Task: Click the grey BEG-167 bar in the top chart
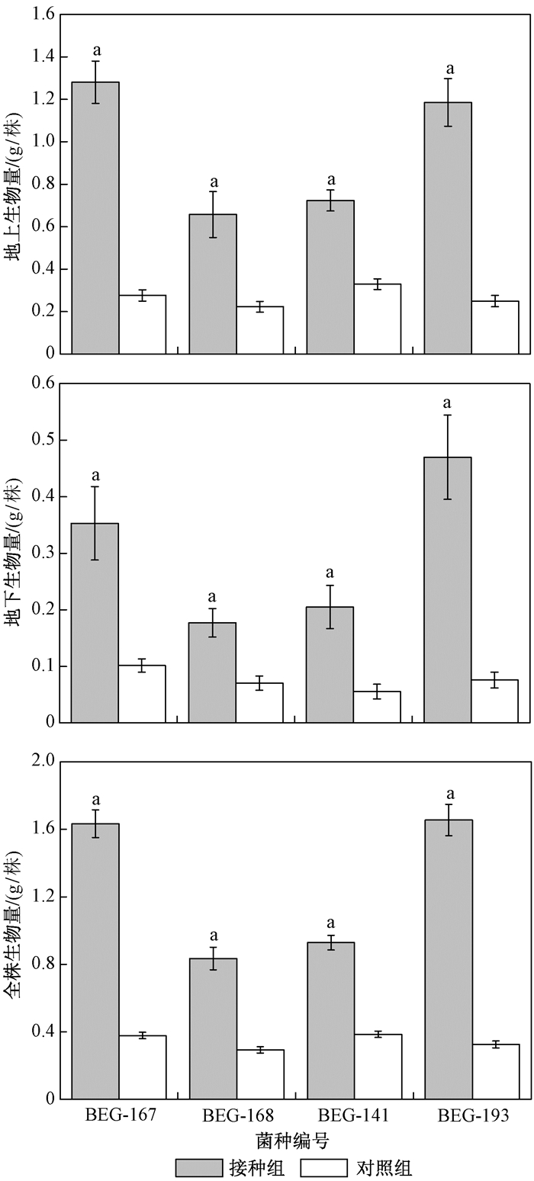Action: click(x=95, y=217)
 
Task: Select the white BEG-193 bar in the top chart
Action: click(x=495, y=327)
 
